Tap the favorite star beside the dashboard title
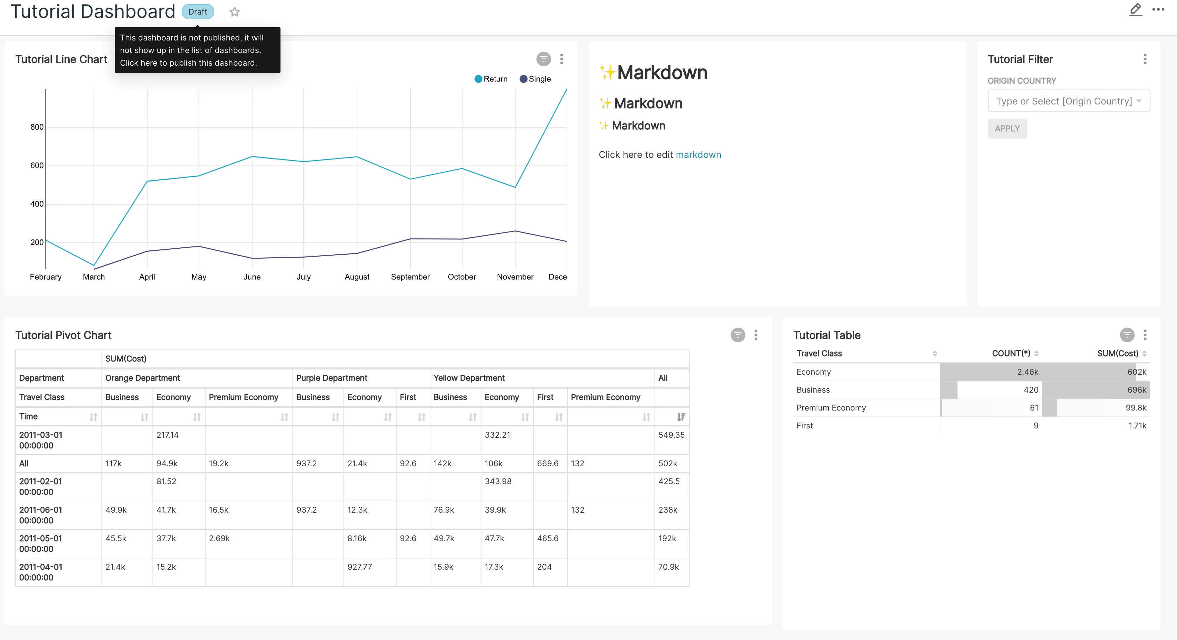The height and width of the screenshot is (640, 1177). point(234,12)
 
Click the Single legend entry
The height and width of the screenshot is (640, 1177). point(535,79)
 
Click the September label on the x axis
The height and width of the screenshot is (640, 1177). point(410,277)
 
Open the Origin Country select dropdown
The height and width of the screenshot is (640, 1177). point(1068,101)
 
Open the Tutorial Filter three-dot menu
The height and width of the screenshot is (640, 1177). point(1145,59)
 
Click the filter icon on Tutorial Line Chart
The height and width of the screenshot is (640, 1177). point(543,59)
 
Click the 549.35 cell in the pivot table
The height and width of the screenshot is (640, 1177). point(671,435)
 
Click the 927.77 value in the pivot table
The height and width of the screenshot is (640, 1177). point(360,567)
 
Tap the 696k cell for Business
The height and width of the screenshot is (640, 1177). point(1136,390)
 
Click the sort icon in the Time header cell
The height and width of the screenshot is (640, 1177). point(93,417)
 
